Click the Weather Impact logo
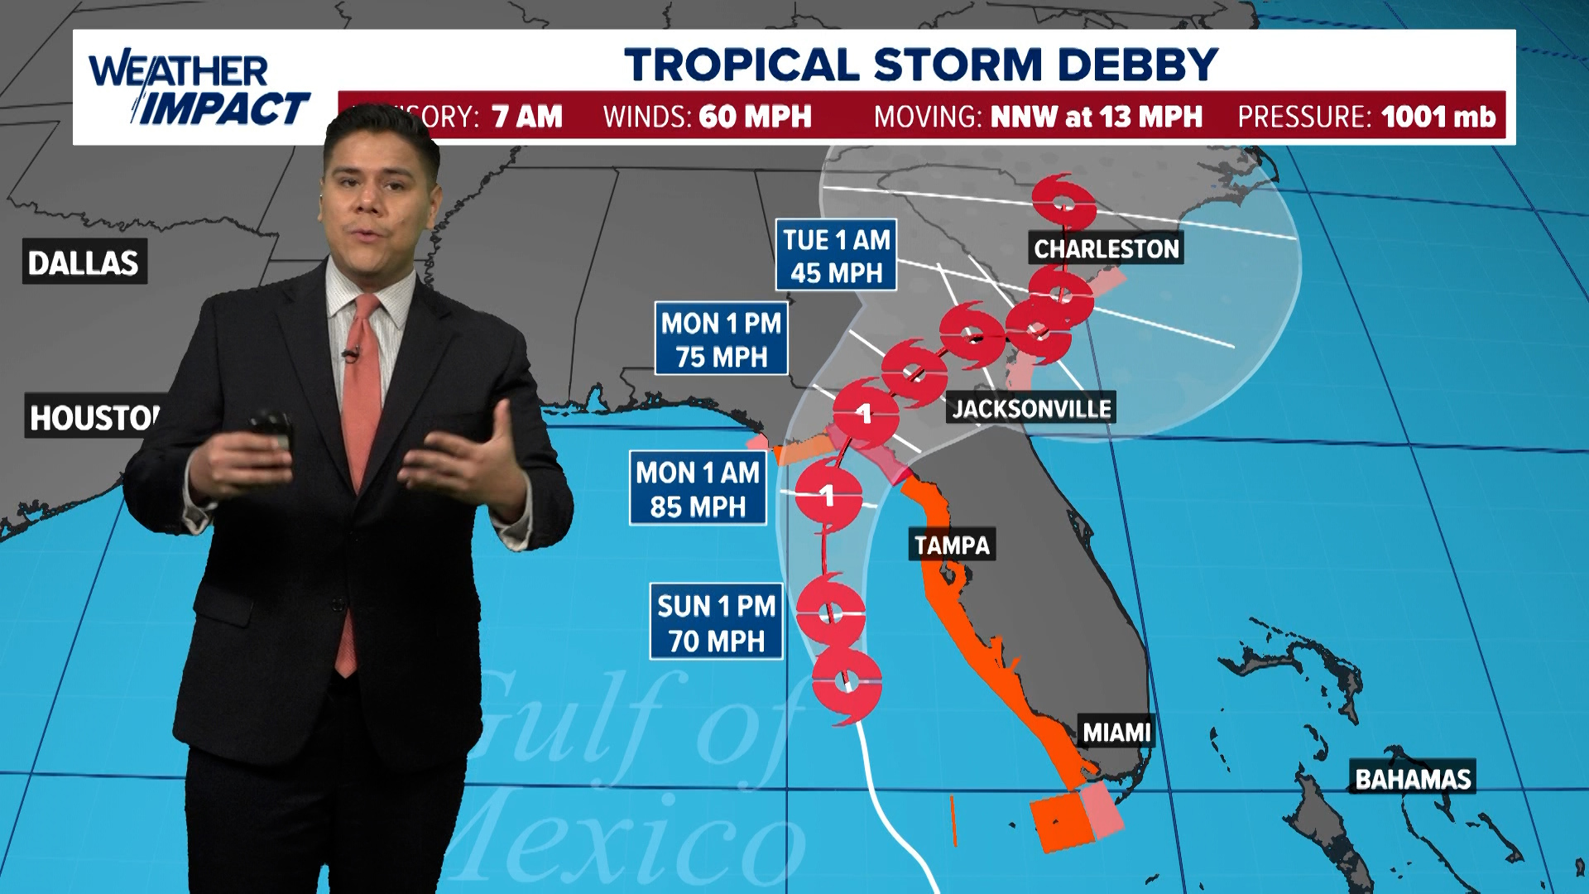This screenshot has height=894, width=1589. point(199,89)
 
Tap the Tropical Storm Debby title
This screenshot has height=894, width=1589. point(920,65)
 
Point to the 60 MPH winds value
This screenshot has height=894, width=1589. point(755,117)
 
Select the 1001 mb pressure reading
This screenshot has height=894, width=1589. point(1438,117)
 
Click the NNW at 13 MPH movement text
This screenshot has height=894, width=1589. point(1096,117)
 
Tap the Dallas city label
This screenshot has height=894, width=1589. point(84,262)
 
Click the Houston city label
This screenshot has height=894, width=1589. point(94,417)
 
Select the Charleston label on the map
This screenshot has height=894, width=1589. point(1106,248)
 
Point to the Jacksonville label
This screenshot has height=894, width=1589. point(1031,408)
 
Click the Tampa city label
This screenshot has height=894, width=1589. point(952,545)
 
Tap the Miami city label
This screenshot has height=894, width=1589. point(1116,733)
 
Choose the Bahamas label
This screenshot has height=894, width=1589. point(1413,779)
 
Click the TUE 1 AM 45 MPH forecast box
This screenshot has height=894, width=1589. point(836,256)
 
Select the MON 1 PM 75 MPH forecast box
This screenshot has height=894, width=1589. point(721,339)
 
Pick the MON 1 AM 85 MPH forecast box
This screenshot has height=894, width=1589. point(698,489)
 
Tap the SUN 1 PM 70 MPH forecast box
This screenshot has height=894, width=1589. point(717,623)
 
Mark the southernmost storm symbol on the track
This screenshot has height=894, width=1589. point(846,684)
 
